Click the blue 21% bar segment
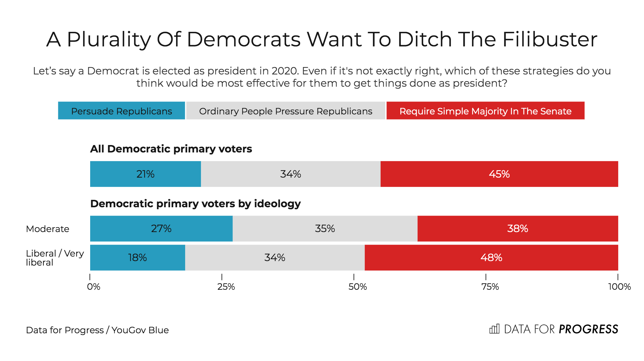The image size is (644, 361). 145,174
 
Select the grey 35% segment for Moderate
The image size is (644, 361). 325,229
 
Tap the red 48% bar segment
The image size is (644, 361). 491,258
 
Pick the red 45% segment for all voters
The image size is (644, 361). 499,174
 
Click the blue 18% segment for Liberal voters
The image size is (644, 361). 137,258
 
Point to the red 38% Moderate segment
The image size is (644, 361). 517,229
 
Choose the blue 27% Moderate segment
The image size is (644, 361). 161,229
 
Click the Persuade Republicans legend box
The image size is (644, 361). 121,111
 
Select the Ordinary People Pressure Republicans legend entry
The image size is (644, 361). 286,111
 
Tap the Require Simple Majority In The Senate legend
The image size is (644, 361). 485,111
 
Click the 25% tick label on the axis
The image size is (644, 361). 226,287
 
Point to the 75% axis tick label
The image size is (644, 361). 490,287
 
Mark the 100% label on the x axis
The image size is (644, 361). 619,287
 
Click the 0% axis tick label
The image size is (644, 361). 94,287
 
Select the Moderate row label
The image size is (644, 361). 48,229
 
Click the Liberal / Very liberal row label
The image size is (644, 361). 55,258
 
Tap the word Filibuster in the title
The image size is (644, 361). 549,39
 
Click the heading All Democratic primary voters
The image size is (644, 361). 171,149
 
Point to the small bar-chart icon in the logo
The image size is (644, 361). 494,329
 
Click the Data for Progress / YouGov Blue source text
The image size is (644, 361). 97,330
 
